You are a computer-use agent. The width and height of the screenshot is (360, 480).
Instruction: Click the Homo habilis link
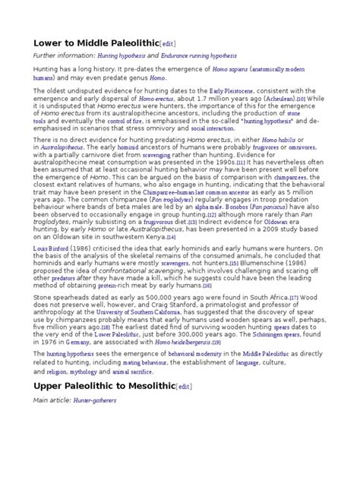point(282,162)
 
